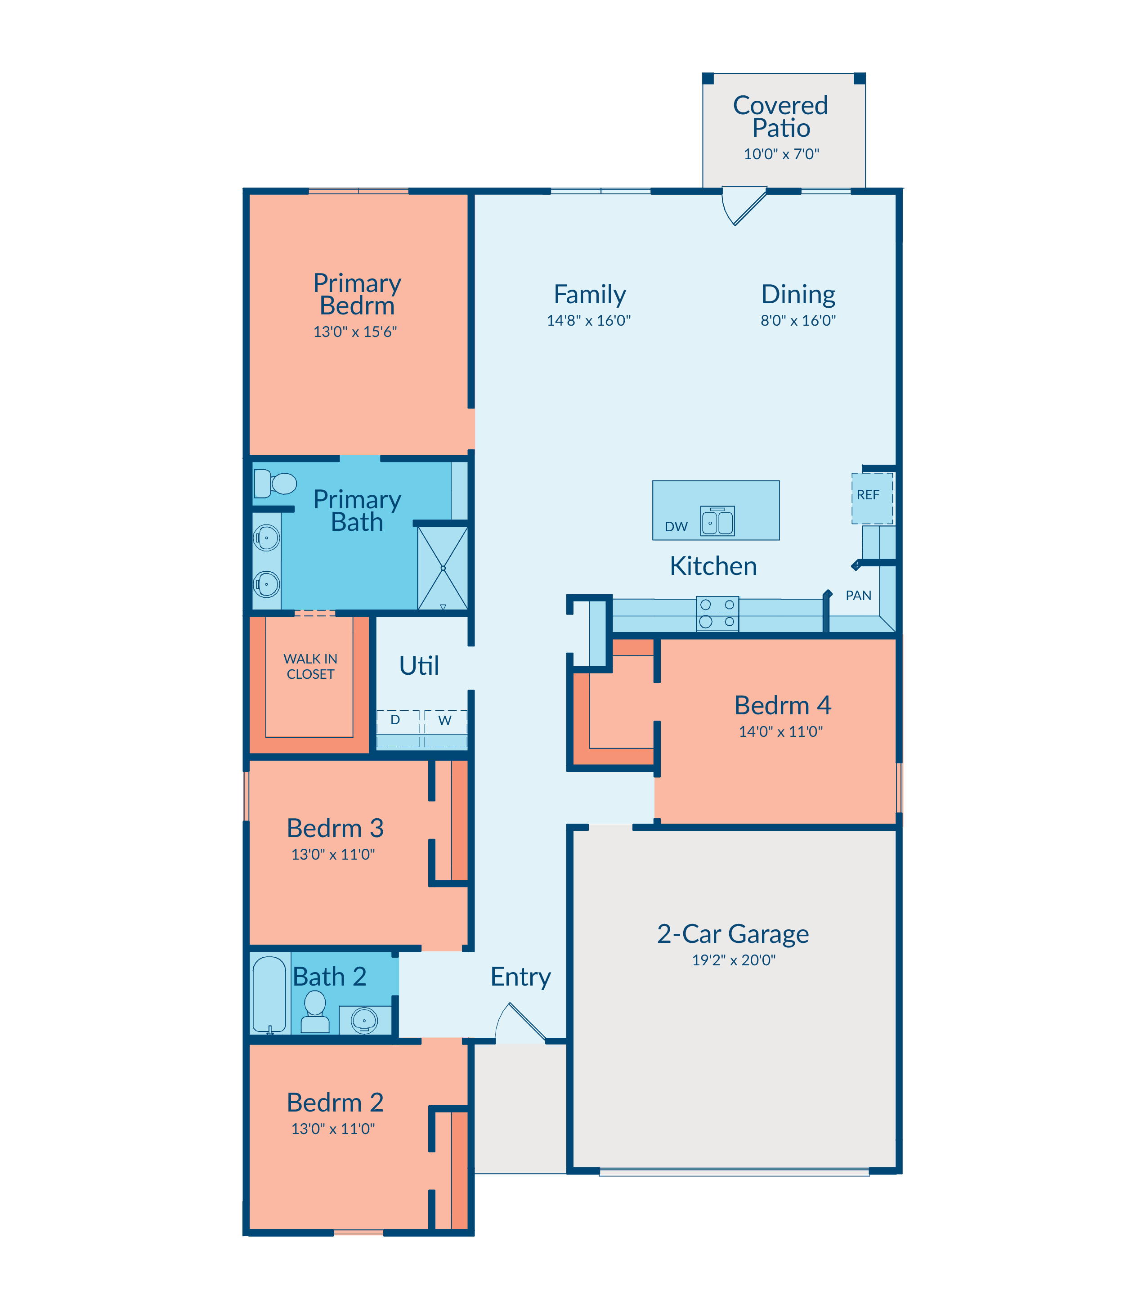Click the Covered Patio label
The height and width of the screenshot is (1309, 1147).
pyautogui.click(x=780, y=117)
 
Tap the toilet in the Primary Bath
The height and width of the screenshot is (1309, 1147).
pyautogui.click(x=274, y=483)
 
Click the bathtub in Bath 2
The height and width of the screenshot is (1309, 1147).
pyautogui.click(x=269, y=995)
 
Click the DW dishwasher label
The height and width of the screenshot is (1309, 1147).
pyautogui.click(x=676, y=527)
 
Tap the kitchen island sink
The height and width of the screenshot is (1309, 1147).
pyautogui.click(x=717, y=520)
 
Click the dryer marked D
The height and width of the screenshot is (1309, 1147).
pyautogui.click(x=398, y=728)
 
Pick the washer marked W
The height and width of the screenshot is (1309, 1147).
pyautogui.click(x=445, y=728)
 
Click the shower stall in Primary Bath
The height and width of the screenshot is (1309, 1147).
pyautogui.click(x=442, y=568)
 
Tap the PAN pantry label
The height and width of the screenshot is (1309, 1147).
pyautogui.click(x=858, y=596)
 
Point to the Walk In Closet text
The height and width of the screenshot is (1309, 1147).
pyautogui.click(x=310, y=666)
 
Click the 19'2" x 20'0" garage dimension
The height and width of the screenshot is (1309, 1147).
pyautogui.click(x=734, y=960)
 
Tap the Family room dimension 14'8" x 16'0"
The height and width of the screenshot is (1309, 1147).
pyautogui.click(x=588, y=321)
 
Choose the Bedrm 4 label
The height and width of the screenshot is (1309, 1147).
pyautogui.click(x=782, y=705)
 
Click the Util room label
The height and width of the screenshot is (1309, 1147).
pyautogui.click(x=419, y=666)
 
